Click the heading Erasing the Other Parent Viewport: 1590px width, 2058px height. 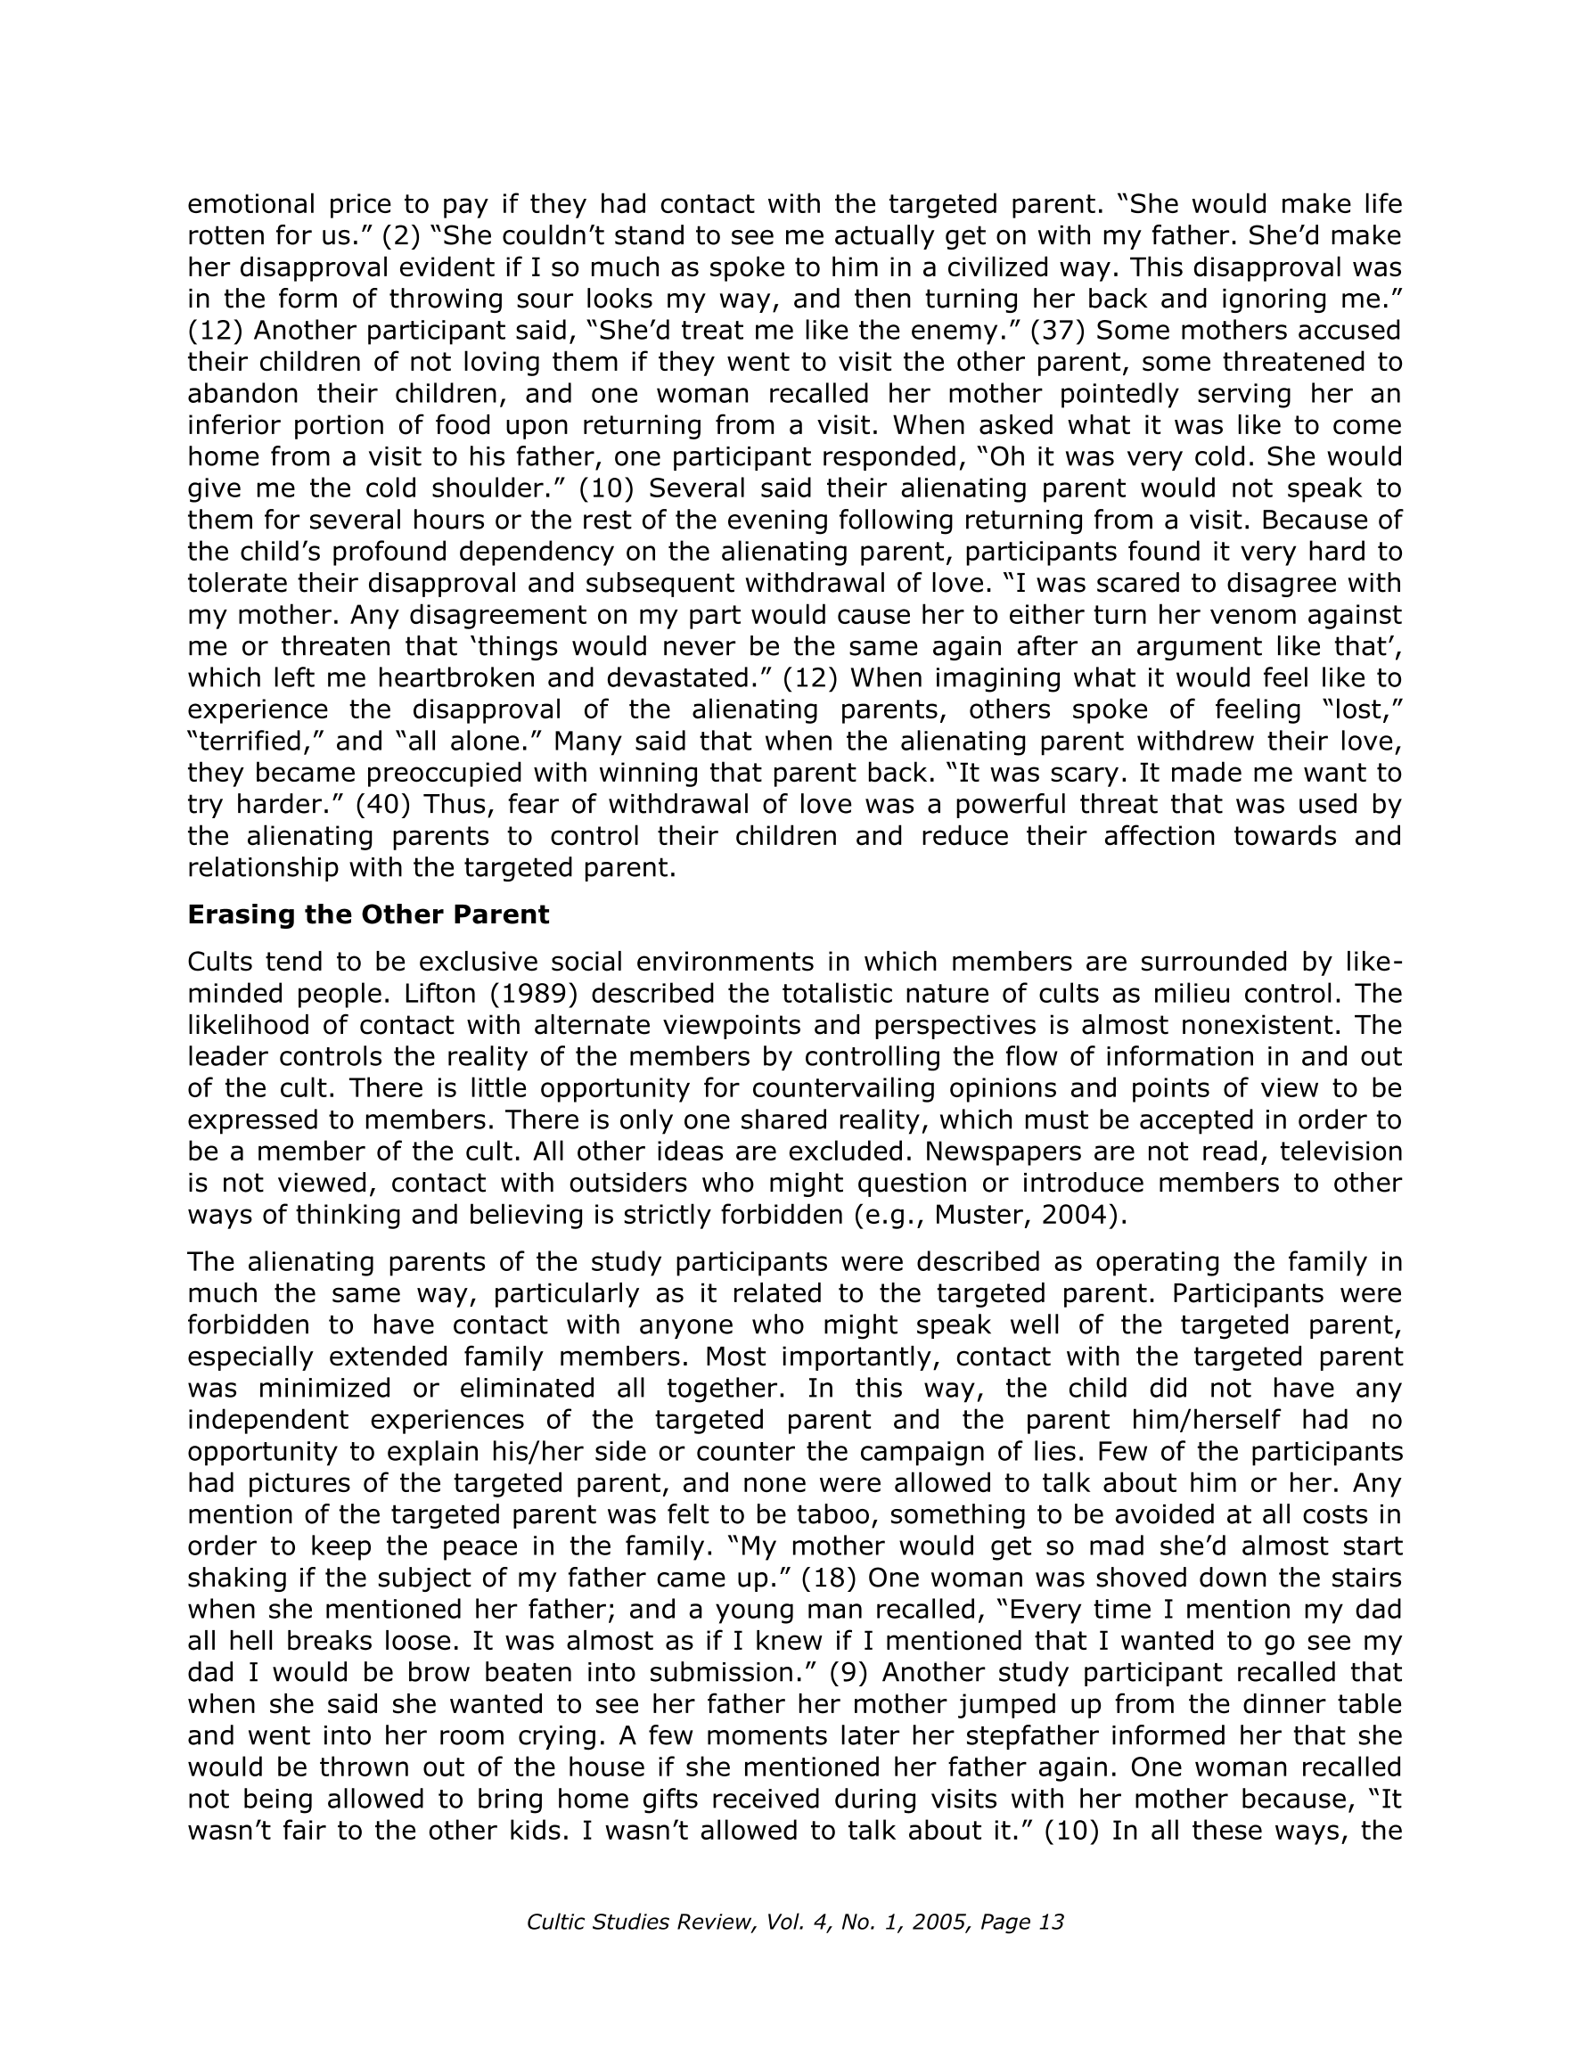[367, 915]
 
